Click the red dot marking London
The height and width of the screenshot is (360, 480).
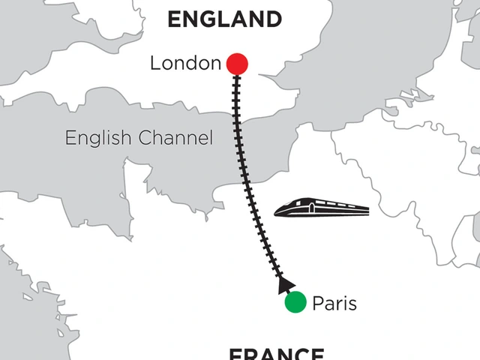pyautogui.click(x=237, y=64)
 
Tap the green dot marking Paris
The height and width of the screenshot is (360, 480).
pyautogui.click(x=295, y=302)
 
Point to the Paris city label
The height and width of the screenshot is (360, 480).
pyautogui.click(x=334, y=304)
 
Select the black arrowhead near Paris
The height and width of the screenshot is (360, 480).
pyautogui.click(x=283, y=284)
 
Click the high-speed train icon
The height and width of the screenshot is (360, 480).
pyautogui.click(x=322, y=208)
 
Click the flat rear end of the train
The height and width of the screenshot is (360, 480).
pyautogui.click(x=368, y=209)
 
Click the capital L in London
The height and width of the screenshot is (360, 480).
pyautogui.click(x=155, y=64)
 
